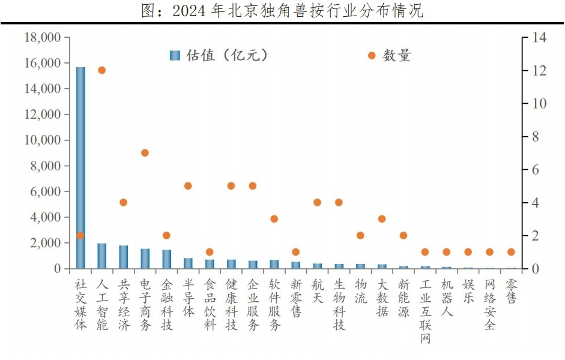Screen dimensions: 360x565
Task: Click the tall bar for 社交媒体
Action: [80, 168]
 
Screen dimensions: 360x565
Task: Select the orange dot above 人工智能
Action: [101, 70]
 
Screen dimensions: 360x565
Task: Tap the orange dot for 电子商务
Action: [145, 153]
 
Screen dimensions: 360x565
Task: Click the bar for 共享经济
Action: [124, 257]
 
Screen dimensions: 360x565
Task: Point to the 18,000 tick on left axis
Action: [43, 38]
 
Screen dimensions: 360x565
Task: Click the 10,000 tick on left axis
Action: [43, 140]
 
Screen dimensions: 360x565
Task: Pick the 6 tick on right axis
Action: [536, 170]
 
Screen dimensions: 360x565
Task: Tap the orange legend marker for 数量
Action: [372, 55]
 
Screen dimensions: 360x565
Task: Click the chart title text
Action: [282, 10]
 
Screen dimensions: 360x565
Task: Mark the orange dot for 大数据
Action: [382, 219]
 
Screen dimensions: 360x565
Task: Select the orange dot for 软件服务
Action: [274, 219]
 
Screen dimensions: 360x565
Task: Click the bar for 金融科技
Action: [166, 259]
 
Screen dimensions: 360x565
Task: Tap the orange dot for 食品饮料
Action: [210, 252]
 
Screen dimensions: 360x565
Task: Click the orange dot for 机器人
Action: [446, 252]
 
